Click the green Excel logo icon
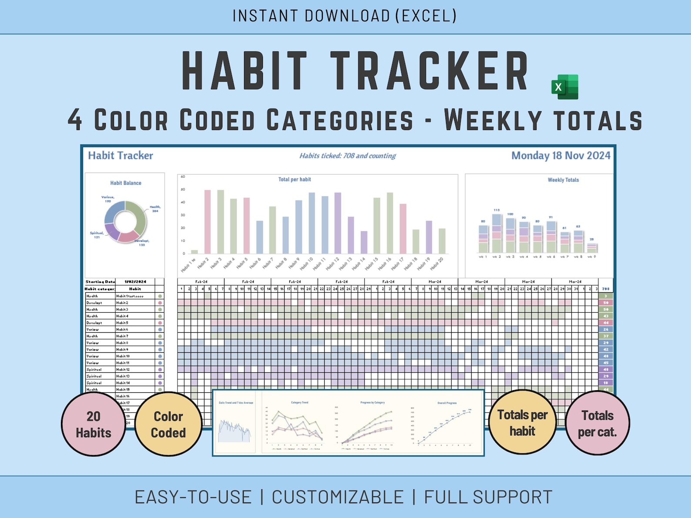[x=565, y=87]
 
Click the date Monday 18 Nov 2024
[x=560, y=156]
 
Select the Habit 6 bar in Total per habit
[x=259, y=237]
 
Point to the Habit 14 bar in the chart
[x=364, y=242]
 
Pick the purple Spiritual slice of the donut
[x=112, y=231]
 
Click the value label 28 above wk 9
[x=591, y=239]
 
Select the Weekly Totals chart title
[x=563, y=180]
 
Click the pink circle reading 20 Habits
[x=94, y=424]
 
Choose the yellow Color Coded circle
[x=168, y=424]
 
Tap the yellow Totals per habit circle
[x=522, y=423]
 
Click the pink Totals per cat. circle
[x=597, y=423]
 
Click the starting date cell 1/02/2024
[x=135, y=282]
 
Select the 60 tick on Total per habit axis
[x=183, y=177]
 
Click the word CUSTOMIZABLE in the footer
[x=338, y=497]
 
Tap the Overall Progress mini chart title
[x=446, y=403]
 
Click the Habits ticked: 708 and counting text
[x=347, y=156]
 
